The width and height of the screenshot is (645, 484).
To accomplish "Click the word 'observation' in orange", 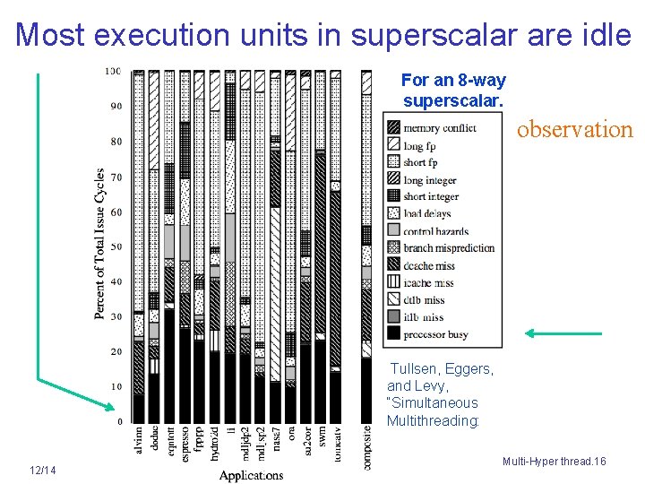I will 575,129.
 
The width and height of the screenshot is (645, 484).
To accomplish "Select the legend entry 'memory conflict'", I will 439,128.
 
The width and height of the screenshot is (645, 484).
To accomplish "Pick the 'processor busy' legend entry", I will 436,334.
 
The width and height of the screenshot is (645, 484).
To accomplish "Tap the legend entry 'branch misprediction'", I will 449,248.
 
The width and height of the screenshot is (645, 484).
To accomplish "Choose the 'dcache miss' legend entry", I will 430,265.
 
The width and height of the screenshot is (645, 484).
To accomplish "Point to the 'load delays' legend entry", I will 427,214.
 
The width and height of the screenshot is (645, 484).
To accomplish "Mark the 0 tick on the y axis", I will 120,421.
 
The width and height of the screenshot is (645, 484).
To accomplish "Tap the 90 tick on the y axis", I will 116,107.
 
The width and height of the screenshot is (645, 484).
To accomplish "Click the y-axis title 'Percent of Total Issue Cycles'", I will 99,244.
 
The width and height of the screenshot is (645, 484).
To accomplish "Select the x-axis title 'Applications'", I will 251,475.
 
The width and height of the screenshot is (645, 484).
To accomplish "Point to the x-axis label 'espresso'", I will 185,444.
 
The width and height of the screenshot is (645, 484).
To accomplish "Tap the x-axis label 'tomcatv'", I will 335,444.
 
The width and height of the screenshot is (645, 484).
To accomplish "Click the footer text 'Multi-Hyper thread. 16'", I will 555,461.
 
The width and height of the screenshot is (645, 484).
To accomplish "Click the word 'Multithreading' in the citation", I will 433,420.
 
